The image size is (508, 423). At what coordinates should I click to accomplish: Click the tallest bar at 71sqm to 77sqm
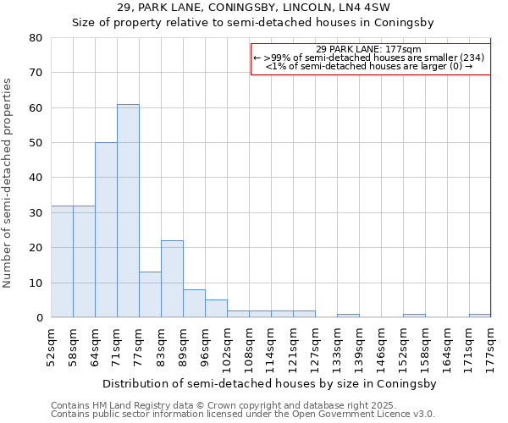(128, 211)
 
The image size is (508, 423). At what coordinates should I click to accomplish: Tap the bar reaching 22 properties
(172, 279)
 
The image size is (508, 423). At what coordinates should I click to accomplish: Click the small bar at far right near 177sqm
(480, 316)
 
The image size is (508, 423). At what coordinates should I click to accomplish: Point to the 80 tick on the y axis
(36, 38)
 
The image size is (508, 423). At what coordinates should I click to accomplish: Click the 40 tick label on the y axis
(36, 178)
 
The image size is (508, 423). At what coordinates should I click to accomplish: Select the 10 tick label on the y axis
(36, 283)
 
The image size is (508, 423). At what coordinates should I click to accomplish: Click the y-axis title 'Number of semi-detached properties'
(8, 183)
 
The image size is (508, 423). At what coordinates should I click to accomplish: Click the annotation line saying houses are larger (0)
(369, 65)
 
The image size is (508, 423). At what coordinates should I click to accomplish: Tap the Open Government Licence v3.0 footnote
(243, 415)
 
